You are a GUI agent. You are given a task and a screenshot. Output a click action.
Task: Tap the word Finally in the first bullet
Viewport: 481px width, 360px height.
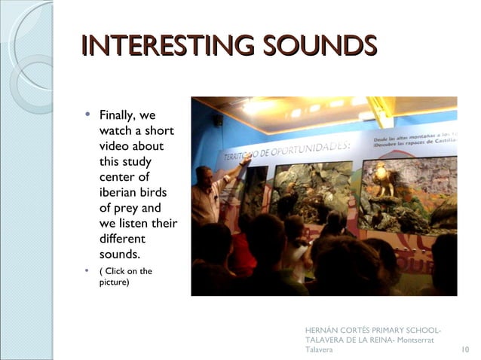[118, 116]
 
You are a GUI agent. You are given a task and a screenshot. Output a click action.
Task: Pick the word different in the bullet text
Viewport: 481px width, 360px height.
[124, 239]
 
